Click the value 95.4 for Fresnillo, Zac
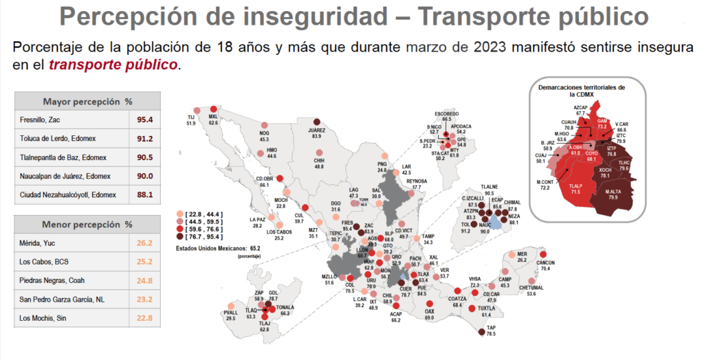pos(144,120)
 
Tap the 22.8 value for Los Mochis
pos(144,317)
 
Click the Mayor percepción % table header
pos(87,100)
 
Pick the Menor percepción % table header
pos(87,225)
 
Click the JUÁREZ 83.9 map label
pos(316,133)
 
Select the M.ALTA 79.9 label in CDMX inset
pos(615,195)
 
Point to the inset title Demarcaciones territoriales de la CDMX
pos(581,91)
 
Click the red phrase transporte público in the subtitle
pos(130,65)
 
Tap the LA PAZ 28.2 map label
pos(257,222)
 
